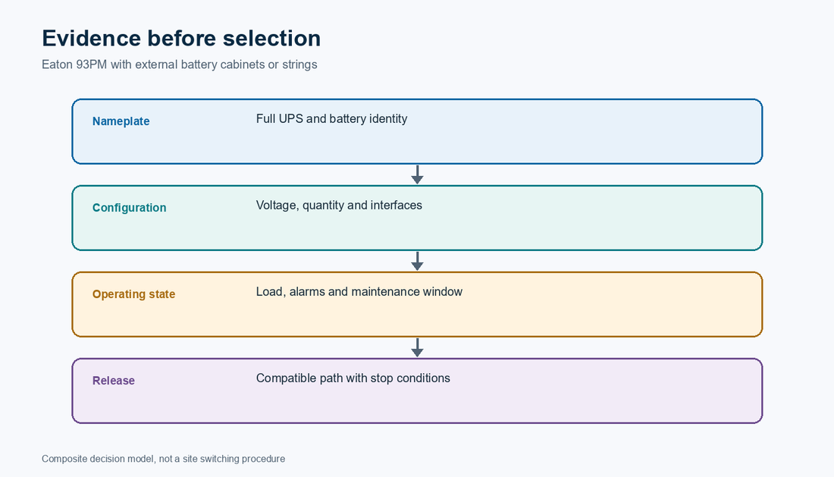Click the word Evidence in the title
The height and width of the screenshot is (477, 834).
(x=91, y=38)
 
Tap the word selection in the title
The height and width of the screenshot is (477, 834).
(x=271, y=38)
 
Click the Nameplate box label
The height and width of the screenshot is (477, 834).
(x=121, y=121)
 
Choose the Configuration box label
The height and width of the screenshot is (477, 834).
(x=129, y=208)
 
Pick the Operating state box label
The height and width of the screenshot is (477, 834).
(x=133, y=294)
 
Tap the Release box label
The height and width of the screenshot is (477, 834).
(x=113, y=381)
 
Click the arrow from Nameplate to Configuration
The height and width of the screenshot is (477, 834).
(x=418, y=175)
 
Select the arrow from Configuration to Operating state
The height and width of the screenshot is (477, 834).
(x=418, y=261)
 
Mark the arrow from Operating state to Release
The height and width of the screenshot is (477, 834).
(x=418, y=348)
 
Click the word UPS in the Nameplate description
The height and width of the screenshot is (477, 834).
(x=291, y=118)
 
